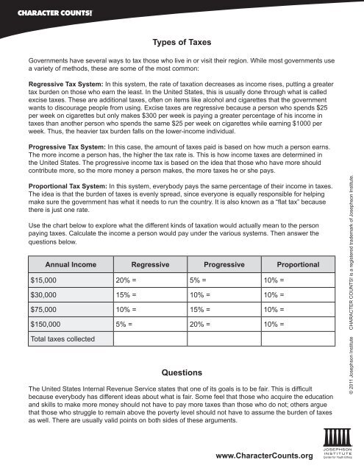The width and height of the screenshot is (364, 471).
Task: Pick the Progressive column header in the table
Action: (222, 263)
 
